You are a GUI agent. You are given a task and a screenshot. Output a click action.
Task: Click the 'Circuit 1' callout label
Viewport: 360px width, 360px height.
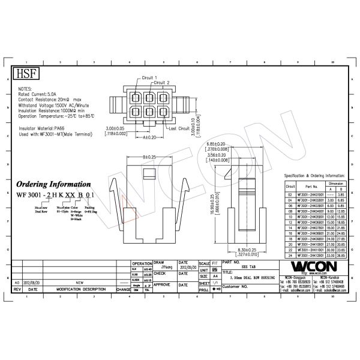click(x=149, y=78)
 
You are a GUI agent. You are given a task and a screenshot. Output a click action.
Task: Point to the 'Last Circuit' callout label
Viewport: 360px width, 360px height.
click(x=181, y=128)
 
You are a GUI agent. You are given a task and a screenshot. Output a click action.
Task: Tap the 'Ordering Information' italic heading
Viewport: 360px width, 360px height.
click(x=53, y=184)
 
